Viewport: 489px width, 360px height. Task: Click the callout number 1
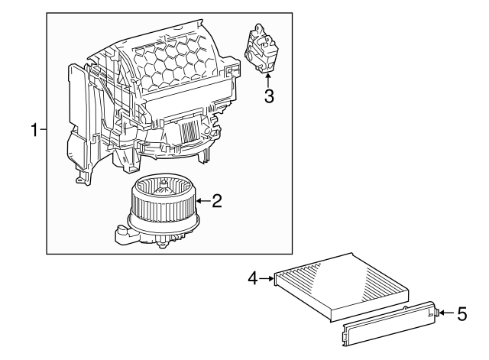pyautogui.click(x=34, y=131)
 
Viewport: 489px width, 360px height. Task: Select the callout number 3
pyautogui.click(x=268, y=96)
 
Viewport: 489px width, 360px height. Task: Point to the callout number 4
pyautogui.click(x=252, y=279)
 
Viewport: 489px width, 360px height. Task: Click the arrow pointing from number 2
pyautogui.click(x=202, y=201)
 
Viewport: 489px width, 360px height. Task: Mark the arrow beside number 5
pyautogui.click(x=445, y=312)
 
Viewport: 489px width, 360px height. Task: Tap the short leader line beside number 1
pyautogui.click(x=44, y=131)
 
